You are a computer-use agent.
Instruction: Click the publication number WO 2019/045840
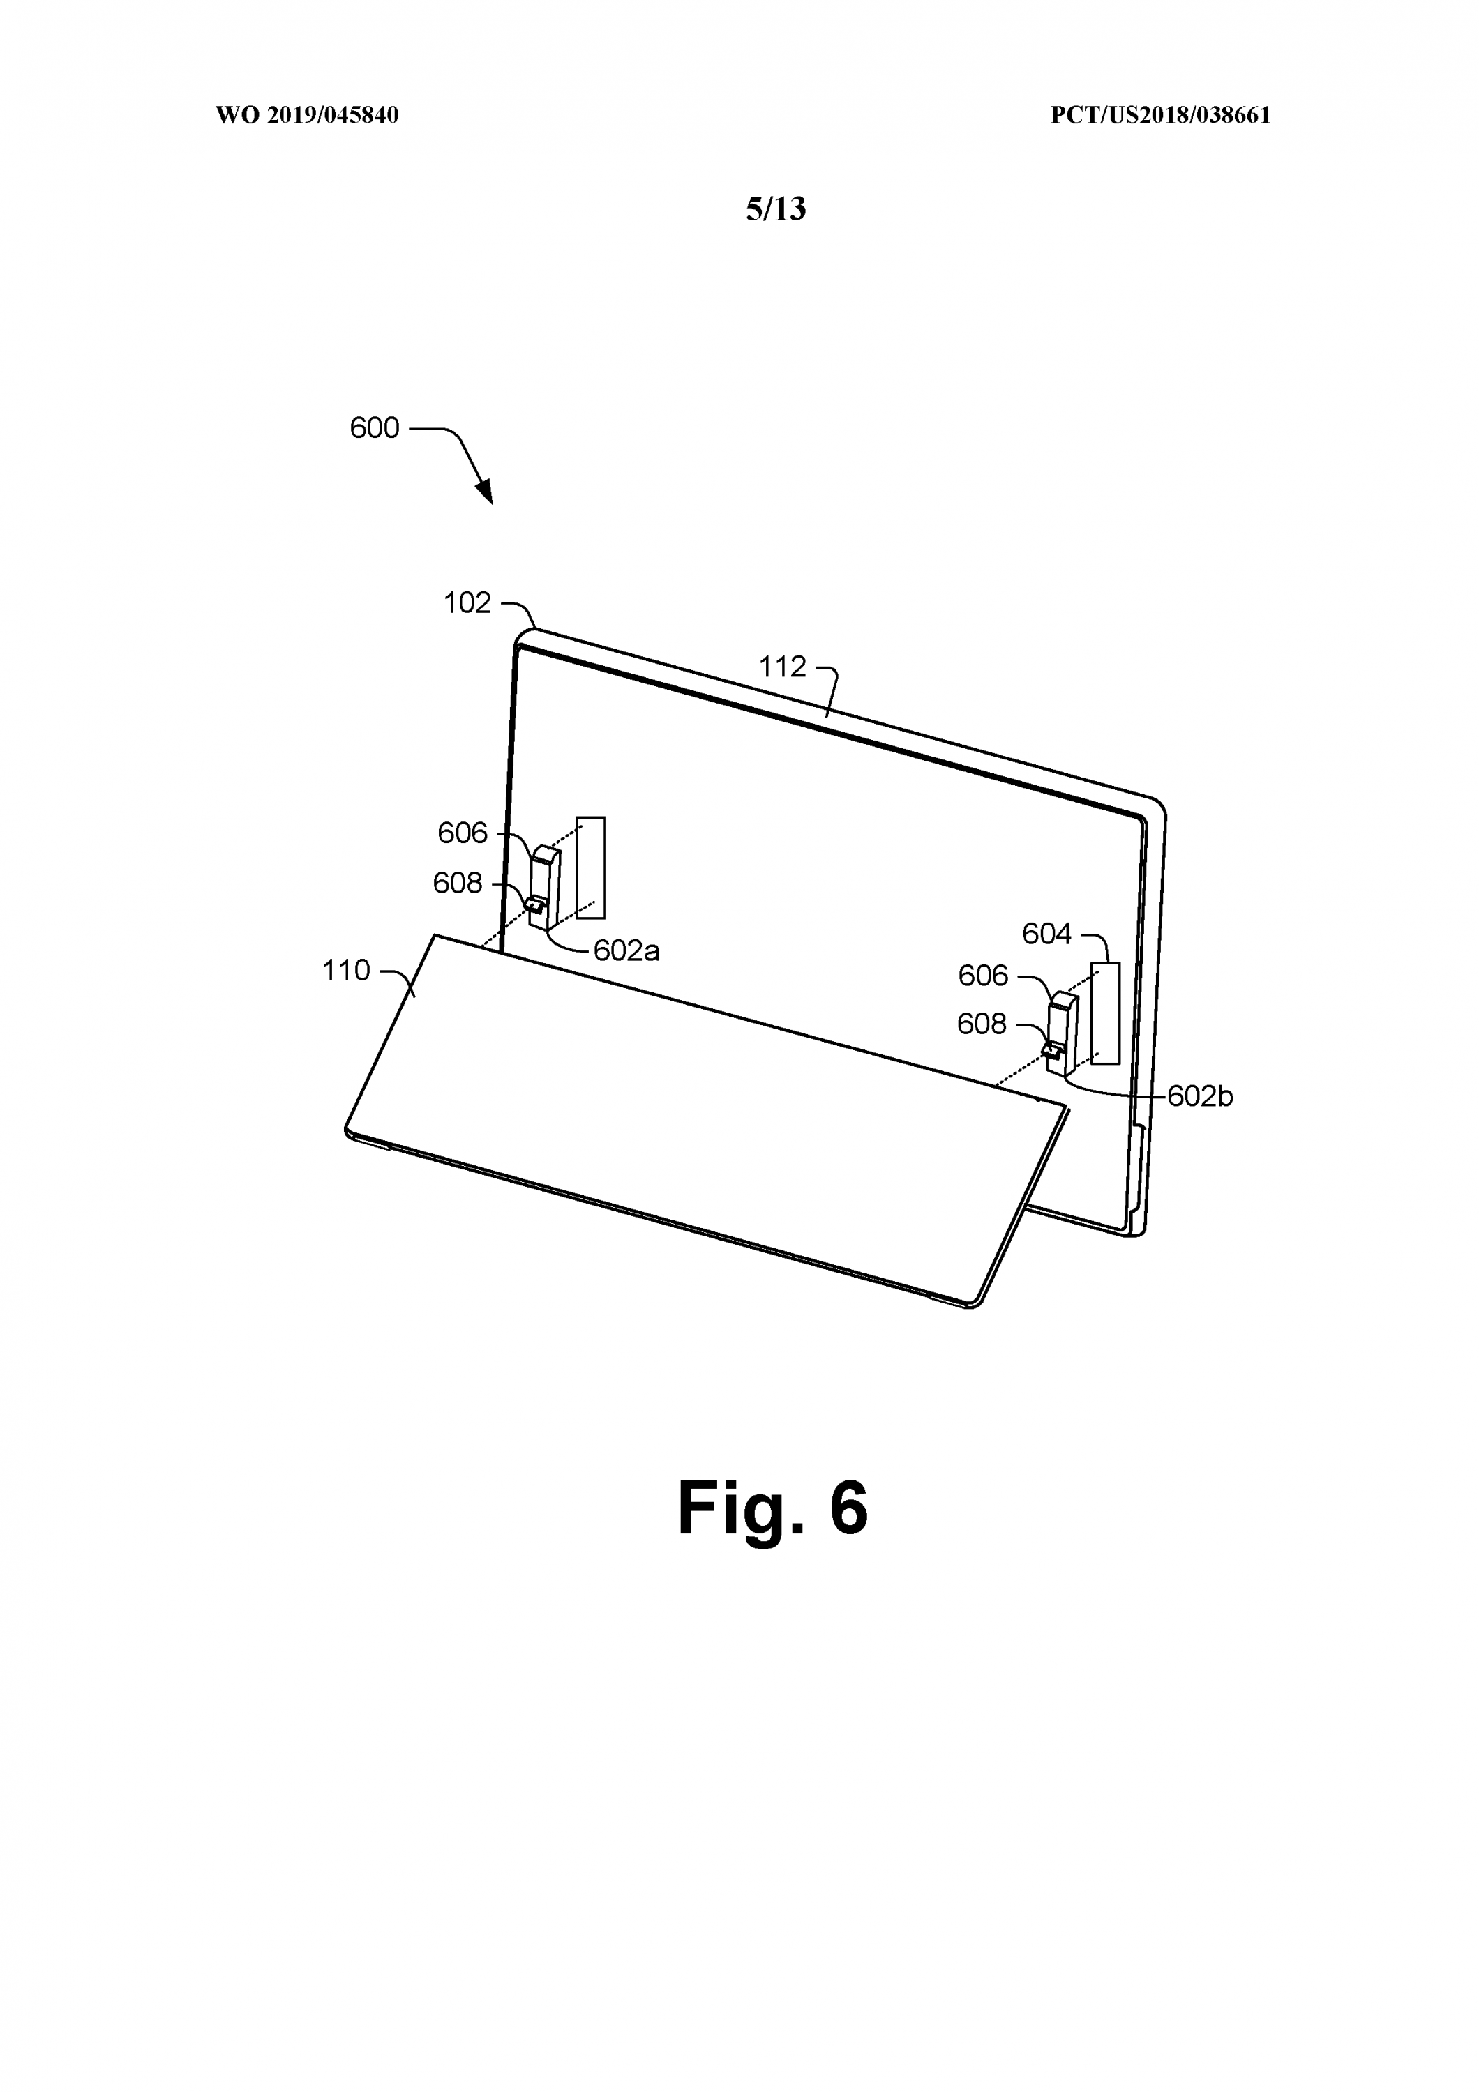[307, 116]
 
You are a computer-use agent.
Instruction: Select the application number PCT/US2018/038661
[1160, 116]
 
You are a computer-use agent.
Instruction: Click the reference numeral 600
[375, 428]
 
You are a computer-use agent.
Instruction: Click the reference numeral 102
[467, 603]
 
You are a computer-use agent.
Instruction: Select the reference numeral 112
[783, 667]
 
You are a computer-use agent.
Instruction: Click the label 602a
[626, 951]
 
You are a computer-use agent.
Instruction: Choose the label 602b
[1199, 1097]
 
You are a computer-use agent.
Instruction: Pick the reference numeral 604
[1046, 934]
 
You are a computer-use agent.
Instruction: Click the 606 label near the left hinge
[463, 833]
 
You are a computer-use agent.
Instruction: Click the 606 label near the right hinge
[982, 976]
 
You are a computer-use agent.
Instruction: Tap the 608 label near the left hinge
[458, 883]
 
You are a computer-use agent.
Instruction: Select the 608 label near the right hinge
[982, 1024]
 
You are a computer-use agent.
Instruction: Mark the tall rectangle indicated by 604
[1105, 1013]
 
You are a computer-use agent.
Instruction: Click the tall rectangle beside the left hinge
[590, 867]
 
